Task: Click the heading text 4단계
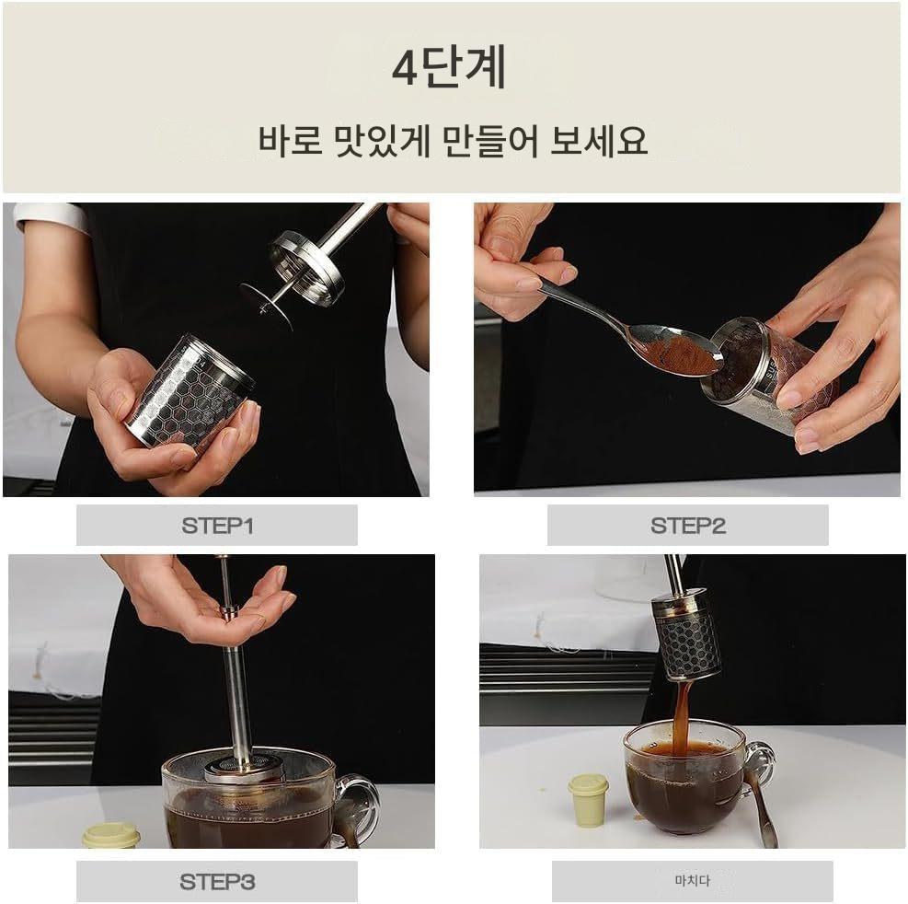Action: click(449, 67)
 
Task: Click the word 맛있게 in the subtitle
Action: click(383, 141)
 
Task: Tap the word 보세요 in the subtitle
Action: click(598, 140)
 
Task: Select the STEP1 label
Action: click(217, 526)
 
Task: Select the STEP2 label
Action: click(688, 526)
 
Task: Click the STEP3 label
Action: click(217, 882)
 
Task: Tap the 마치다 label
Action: click(692, 881)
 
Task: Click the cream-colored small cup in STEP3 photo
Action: click(111, 835)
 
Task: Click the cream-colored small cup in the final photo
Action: click(589, 801)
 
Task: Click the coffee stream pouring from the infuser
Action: click(682, 716)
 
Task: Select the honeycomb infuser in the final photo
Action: click(687, 636)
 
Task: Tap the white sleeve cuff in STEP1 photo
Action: click(51, 216)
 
